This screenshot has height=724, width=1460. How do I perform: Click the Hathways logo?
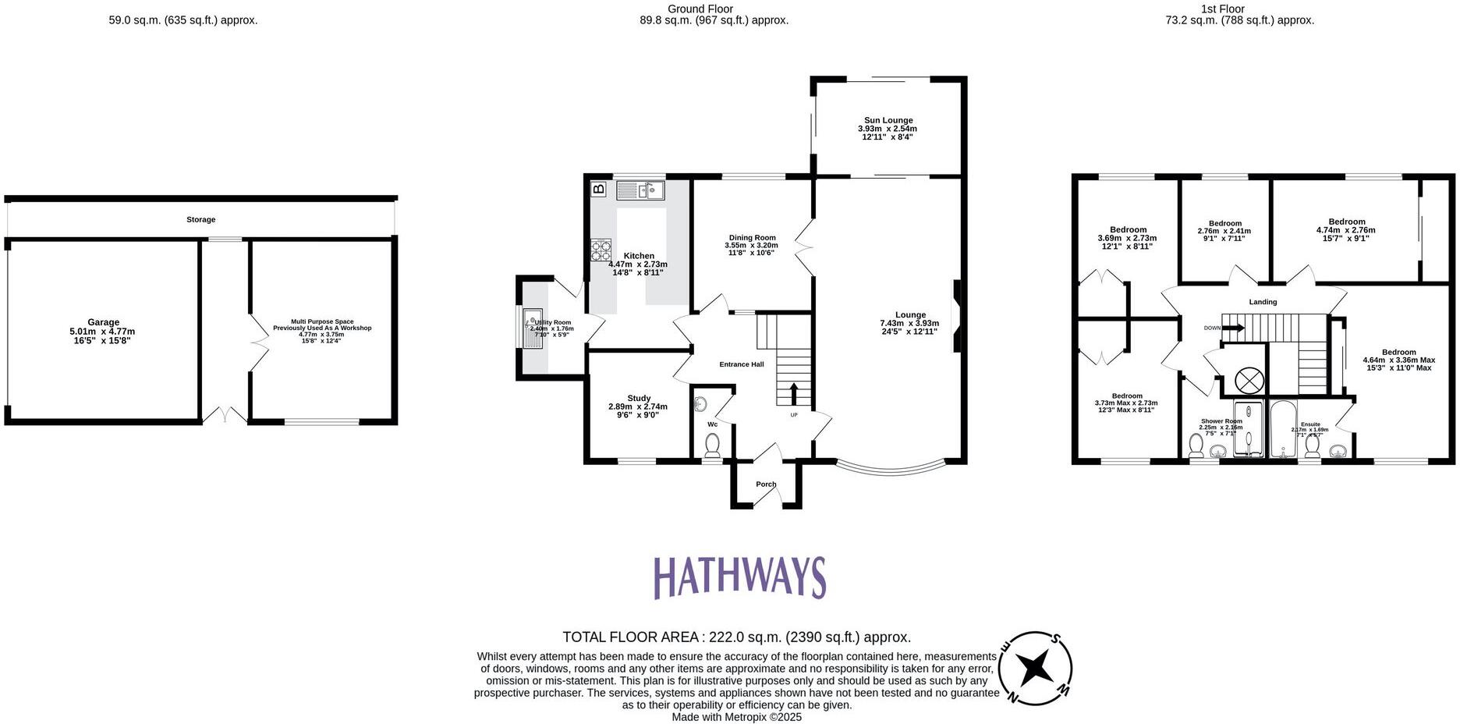click(x=739, y=577)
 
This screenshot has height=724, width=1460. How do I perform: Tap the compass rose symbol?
click(x=1036, y=668)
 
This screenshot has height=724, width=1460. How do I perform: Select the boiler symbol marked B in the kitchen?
click(x=599, y=189)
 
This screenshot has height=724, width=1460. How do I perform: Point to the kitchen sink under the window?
click(x=640, y=190)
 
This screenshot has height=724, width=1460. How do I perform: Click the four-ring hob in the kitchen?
click(x=601, y=250)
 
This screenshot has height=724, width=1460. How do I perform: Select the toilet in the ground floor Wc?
click(x=712, y=445)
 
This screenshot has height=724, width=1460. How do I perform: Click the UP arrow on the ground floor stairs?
click(x=794, y=392)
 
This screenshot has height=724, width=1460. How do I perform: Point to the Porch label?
click(x=766, y=484)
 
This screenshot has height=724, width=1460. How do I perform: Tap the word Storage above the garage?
click(x=200, y=220)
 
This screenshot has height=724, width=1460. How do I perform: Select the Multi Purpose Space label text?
click(x=322, y=325)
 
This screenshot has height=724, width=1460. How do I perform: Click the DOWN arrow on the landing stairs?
click(x=1233, y=328)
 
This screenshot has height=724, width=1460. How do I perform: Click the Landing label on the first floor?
click(x=1263, y=302)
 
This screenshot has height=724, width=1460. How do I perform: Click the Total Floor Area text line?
click(x=736, y=637)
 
